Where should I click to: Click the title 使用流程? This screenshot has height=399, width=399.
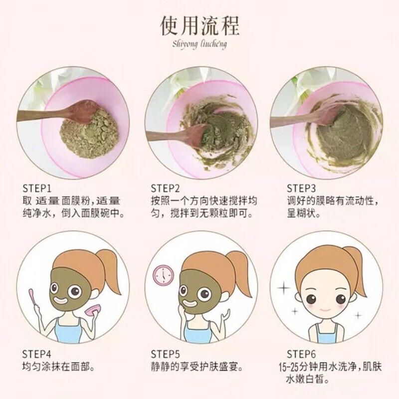tap(199, 25)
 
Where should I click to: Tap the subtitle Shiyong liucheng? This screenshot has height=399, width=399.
tap(199, 44)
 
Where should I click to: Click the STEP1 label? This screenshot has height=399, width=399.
tap(38, 189)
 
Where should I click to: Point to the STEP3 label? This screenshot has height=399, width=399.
tap(301, 189)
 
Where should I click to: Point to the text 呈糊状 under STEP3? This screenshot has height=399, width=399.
tap(303, 213)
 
